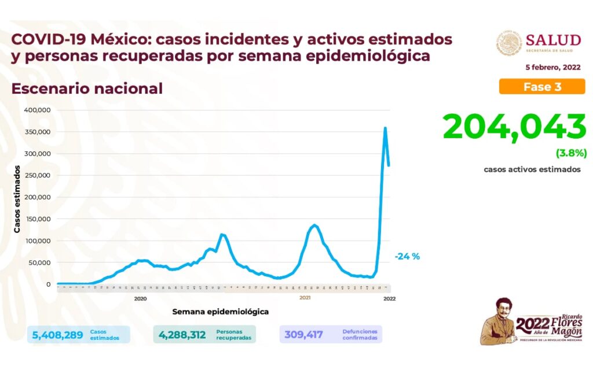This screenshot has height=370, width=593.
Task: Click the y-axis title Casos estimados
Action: tap(17, 199)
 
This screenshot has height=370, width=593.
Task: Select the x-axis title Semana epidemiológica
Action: tap(220, 312)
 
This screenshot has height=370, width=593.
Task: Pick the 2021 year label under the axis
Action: tap(305, 298)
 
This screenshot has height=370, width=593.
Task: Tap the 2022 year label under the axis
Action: tap(389, 298)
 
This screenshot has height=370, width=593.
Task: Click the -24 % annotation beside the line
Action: tap(407, 256)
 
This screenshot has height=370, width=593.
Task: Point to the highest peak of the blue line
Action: tap(385, 128)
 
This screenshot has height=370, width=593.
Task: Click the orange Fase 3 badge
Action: tap(542, 87)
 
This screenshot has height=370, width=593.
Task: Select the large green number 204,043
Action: tap(514, 127)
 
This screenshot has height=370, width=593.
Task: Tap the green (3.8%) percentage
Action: tap(571, 154)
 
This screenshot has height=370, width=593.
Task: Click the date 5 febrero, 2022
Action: tap(553, 68)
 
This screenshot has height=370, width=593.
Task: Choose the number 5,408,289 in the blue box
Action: tap(57, 335)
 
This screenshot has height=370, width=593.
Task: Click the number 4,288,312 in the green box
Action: tap(182, 335)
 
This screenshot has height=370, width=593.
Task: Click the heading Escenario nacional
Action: tap(87, 88)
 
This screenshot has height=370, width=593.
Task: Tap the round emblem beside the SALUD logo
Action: tap(509, 43)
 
